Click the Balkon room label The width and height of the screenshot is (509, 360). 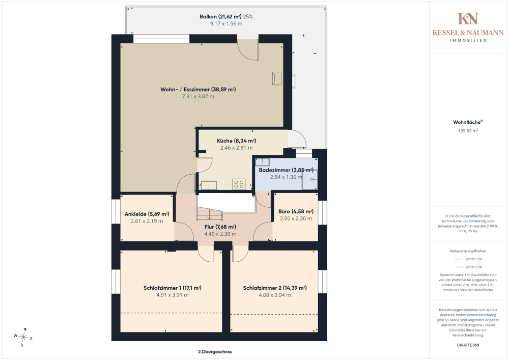coord(220,17)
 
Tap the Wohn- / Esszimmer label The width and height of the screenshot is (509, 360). coord(198,89)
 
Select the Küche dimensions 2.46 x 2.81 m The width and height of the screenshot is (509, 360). coord(236,148)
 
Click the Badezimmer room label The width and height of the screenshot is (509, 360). coord(286,170)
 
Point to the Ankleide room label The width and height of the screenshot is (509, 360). coord(147,214)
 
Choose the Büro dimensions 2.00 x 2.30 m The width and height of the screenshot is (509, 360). coord(296,218)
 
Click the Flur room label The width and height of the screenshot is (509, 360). coord(220,227)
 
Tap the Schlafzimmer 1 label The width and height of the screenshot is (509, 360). coord(173,288)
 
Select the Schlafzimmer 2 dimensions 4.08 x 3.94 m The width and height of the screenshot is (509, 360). coord(275,295)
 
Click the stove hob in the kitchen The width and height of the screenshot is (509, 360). coord(239,184)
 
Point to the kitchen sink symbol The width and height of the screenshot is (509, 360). coord(209,185)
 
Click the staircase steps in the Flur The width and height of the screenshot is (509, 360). coord(209,214)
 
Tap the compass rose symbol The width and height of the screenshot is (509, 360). coord(23,338)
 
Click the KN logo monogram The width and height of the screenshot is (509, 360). coord(468,19)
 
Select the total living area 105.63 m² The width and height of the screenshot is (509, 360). coord(468,131)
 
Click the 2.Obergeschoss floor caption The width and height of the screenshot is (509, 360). coord(215,351)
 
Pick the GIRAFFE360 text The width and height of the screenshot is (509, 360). coord(468,345)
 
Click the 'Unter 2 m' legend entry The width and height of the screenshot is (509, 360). coord(473,267)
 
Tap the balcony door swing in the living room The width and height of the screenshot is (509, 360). coord(248,50)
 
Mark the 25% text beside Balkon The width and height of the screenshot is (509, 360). coord(248,17)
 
